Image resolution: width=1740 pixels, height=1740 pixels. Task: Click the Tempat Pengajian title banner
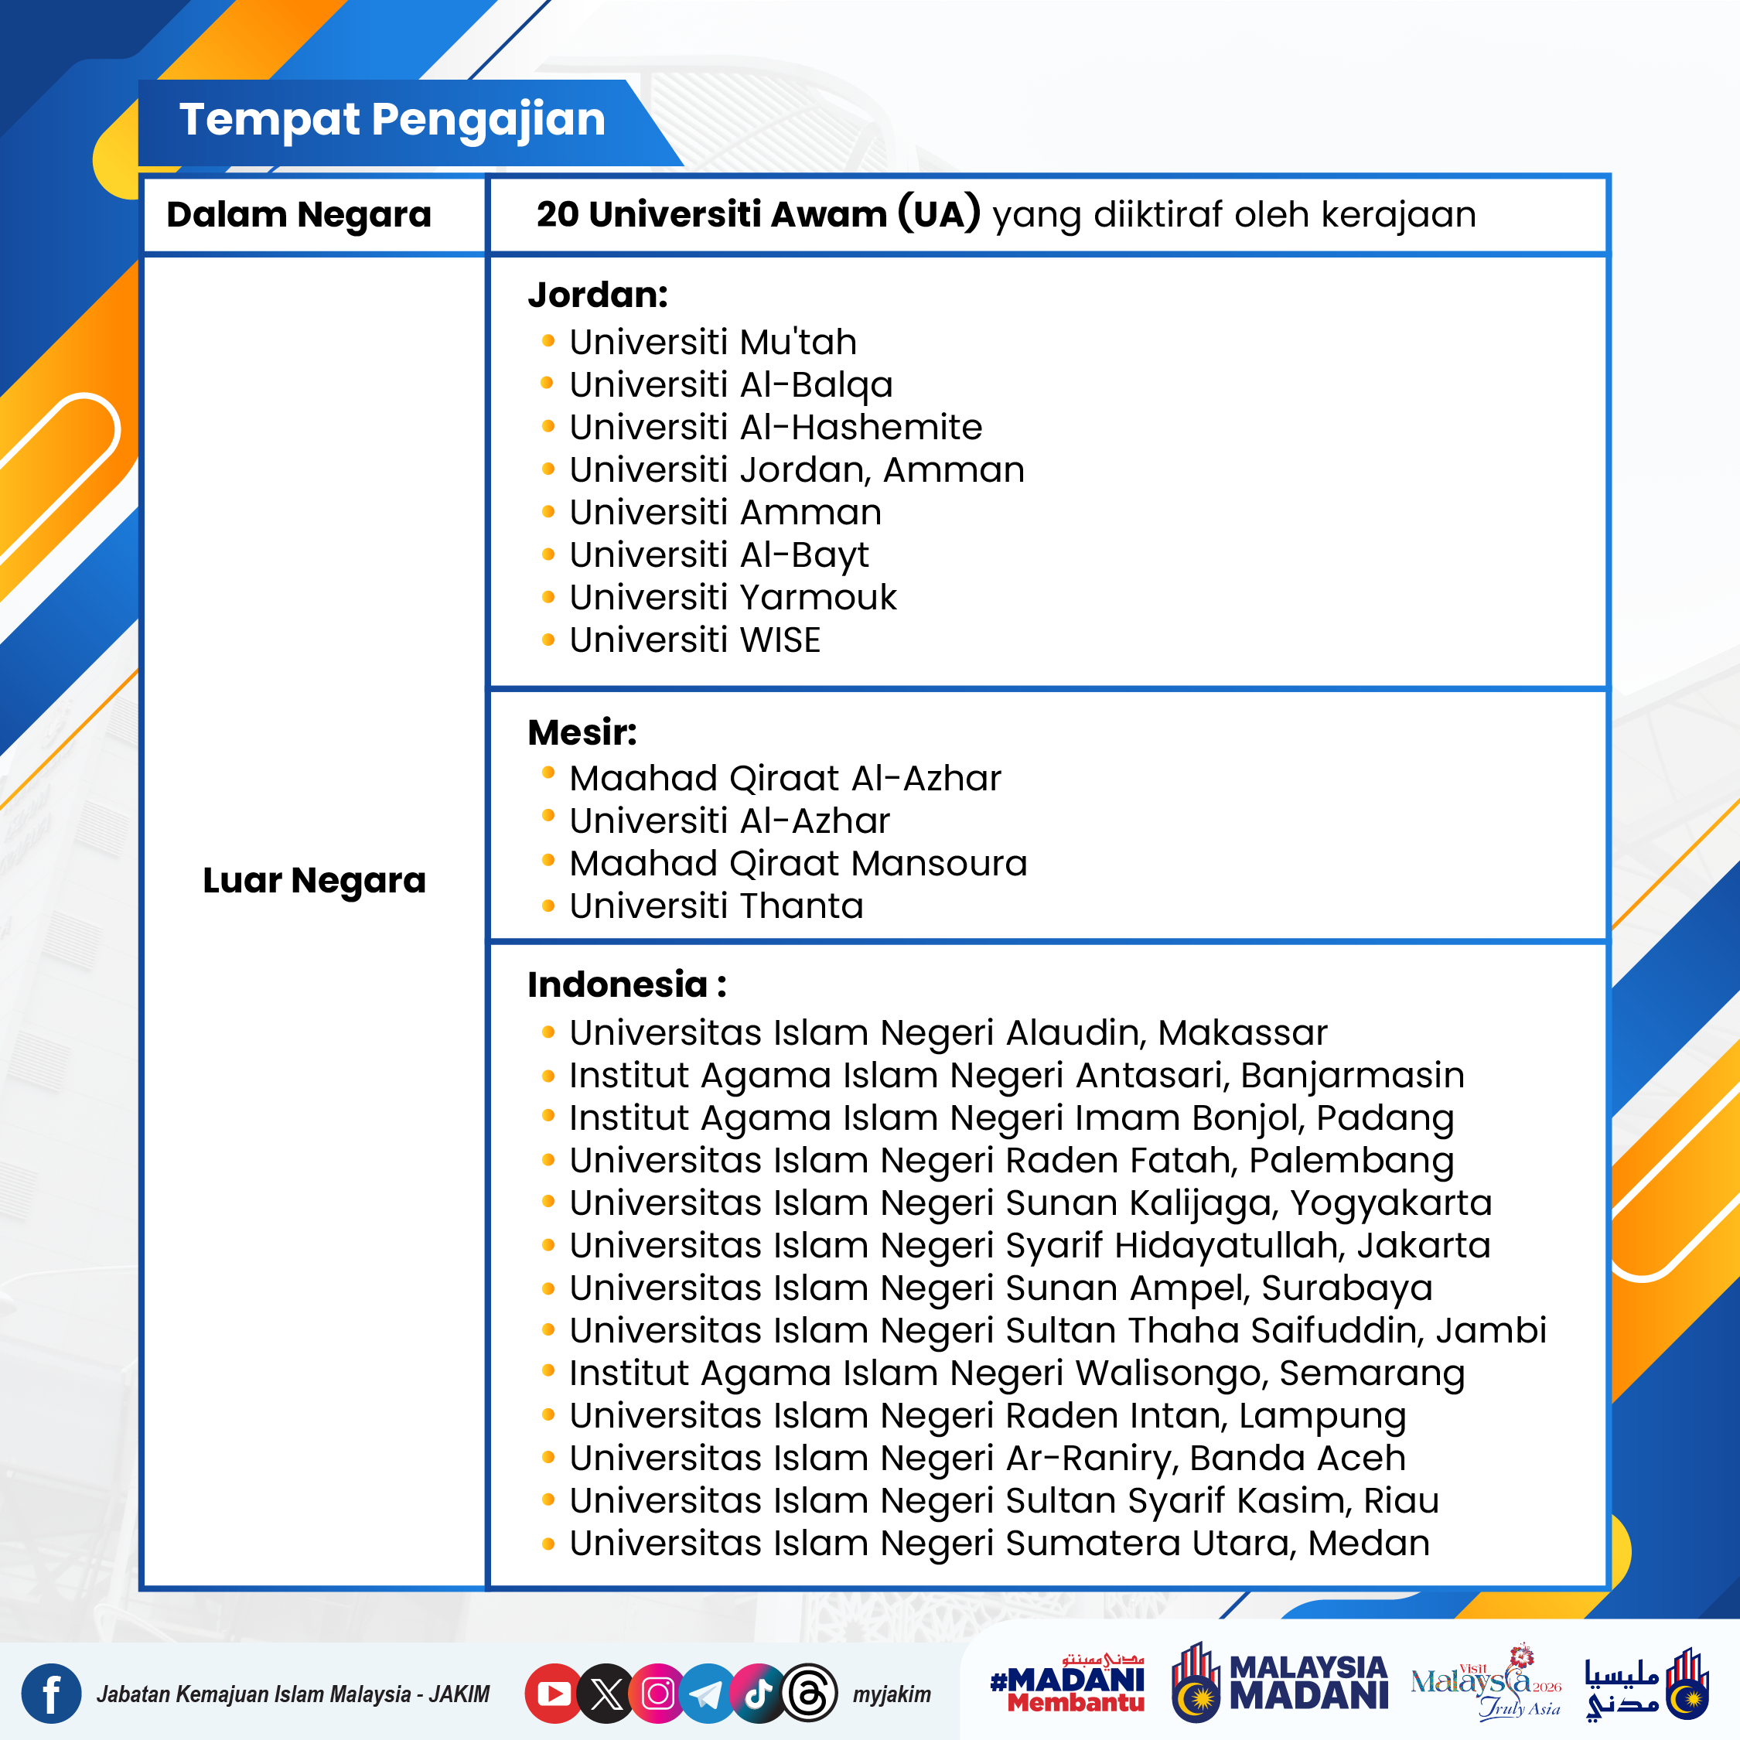point(392,120)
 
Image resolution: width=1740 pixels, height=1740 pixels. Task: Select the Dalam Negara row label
point(299,215)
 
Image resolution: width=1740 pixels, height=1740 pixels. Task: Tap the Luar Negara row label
point(313,880)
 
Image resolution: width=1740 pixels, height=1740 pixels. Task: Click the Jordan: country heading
point(598,295)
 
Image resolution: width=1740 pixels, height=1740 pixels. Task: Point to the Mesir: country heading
point(582,732)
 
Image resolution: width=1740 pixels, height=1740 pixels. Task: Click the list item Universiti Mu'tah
point(712,343)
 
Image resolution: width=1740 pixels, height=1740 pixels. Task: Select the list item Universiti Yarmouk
point(732,597)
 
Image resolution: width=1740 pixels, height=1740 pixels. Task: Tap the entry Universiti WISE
point(694,640)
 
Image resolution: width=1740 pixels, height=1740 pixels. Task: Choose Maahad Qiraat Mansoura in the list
point(798,863)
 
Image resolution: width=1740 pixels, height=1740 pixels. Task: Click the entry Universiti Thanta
point(716,906)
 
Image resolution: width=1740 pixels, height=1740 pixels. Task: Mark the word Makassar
point(1242,1033)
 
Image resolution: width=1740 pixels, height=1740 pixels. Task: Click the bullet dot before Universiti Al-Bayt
point(548,554)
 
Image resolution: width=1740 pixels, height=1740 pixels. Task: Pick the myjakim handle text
point(892,1695)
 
